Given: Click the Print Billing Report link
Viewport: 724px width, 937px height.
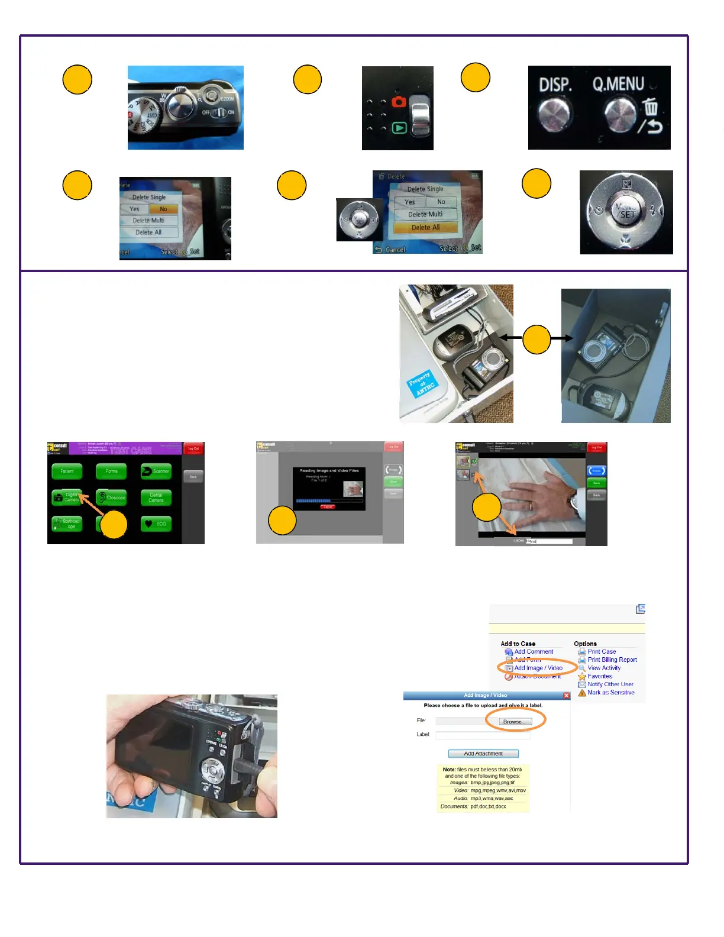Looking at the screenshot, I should point(612,660).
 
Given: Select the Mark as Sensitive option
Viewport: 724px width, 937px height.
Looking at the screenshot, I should point(610,692).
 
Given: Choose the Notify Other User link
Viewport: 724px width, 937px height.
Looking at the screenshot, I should point(610,684).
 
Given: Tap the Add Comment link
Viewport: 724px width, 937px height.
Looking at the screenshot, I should point(533,651).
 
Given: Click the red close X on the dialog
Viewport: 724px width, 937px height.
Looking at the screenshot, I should point(566,696).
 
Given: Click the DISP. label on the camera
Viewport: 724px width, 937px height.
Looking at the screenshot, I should point(555,85).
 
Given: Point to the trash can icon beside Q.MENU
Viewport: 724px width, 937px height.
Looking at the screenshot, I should point(651,107).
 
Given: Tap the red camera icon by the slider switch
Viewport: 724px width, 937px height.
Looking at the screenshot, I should point(399,102).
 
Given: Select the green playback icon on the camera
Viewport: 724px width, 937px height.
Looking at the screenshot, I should point(400,128).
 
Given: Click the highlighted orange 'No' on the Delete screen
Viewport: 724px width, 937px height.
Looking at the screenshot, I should point(163,209).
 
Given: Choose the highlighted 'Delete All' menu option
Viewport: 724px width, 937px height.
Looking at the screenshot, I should point(425,227).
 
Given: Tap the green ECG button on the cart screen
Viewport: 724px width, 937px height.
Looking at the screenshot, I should point(156,524).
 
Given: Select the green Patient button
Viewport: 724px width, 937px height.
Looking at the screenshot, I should point(67,471).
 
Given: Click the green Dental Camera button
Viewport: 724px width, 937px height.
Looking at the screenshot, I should point(156,497).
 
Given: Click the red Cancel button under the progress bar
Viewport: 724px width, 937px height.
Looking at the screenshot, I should point(328,507).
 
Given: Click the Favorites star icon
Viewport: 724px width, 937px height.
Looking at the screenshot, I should point(582,676).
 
